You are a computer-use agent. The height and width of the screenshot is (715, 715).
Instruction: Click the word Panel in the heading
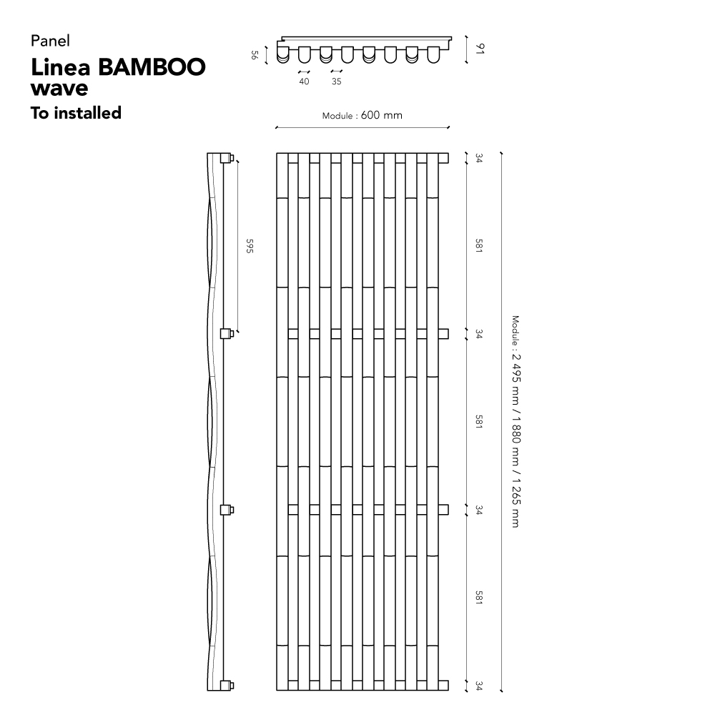(x=50, y=41)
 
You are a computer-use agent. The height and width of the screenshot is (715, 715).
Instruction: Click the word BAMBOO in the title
(x=152, y=67)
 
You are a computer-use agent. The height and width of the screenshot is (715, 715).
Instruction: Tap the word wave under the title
(x=59, y=88)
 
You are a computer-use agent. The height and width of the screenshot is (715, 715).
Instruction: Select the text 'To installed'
(x=77, y=113)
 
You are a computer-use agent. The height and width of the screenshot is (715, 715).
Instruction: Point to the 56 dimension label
(x=255, y=55)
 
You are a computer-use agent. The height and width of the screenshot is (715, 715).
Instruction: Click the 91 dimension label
(x=480, y=49)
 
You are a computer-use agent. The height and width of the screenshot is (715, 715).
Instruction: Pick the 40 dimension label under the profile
(x=304, y=82)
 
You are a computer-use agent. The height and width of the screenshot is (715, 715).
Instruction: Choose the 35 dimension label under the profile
(x=337, y=82)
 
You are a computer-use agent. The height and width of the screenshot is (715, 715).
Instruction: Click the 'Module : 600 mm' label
(x=363, y=115)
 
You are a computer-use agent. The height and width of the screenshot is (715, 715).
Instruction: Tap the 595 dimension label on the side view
(x=250, y=246)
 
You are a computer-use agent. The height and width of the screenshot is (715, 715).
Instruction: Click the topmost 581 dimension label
(x=479, y=245)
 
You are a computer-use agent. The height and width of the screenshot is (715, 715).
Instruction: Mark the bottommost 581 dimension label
(x=479, y=597)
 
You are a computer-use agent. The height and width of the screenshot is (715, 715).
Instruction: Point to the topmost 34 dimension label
(x=479, y=158)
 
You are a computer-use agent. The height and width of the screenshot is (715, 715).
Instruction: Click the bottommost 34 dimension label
(x=479, y=686)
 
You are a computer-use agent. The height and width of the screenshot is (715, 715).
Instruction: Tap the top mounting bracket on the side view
(x=227, y=158)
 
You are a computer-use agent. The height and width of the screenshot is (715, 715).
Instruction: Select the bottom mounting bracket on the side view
(x=227, y=686)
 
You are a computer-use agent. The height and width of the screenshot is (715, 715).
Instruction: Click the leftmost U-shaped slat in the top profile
(x=283, y=54)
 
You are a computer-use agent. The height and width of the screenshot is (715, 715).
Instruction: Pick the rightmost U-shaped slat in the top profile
(x=434, y=54)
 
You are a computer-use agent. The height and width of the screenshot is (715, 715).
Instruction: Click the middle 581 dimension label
(x=479, y=421)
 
